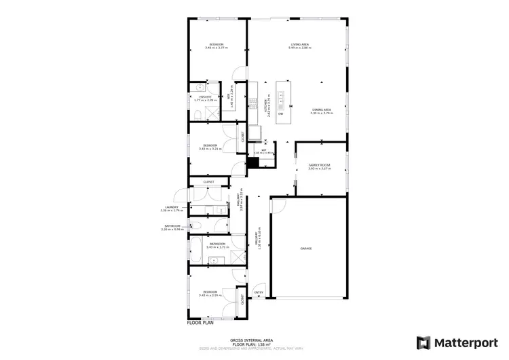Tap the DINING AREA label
coord(321,109)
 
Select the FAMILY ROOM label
coord(319,165)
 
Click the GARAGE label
coord(306,249)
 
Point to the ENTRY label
coord(259,293)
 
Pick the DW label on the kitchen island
coord(280,113)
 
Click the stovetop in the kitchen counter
coord(256,132)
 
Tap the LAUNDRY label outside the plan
coord(171,207)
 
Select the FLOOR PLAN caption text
coord(202,323)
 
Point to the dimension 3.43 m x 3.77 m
coord(216,48)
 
